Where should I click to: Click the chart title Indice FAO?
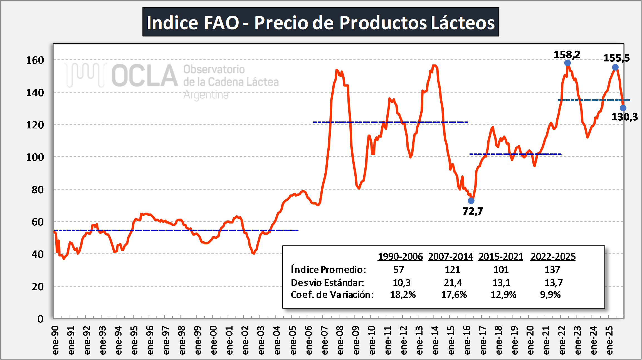pyautogui.click(x=321, y=22)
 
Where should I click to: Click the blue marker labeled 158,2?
pyautogui.click(x=567, y=63)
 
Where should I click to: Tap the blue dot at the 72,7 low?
pyautogui.click(x=471, y=201)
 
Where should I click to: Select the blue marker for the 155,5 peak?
pyautogui.click(x=615, y=67)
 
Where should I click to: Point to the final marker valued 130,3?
pyautogui.click(x=623, y=108)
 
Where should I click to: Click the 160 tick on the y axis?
pyautogui.click(x=35, y=60)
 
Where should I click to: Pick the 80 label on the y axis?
pyautogui.click(x=38, y=190)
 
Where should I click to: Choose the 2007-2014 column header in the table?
pyautogui.click(x=450, y=256)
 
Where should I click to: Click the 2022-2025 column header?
pyautogui.click(x=553, y=256)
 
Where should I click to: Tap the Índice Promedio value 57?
pyautogui.click(x=399, y=269)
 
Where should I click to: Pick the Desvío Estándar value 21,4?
pyautogui.click(x=453, y=282)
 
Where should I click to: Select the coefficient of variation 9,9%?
pyautogui.click(x=550, y=295)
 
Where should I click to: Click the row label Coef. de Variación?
pyautogui.click(x=332, y=295)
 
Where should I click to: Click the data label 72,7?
pyautogui.click(x=473, y=211)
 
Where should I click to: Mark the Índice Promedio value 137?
pyautogui.click(x=552, y=269)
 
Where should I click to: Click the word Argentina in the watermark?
pyautogui.click(x=206, y=95)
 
